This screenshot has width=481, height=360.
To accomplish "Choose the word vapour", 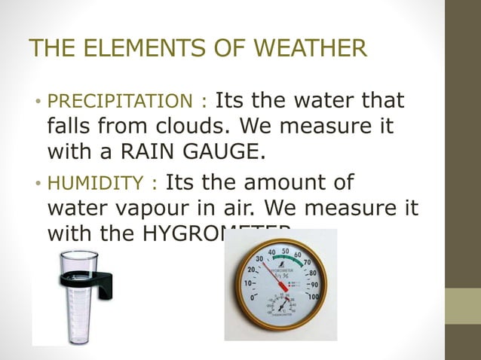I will [x=152, y=209].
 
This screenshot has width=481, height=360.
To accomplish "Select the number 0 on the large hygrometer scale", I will [x=252, y=297].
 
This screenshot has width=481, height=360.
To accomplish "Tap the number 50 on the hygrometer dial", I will [x=284, y=250].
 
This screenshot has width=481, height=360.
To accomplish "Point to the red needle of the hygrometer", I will [x=272, y=275].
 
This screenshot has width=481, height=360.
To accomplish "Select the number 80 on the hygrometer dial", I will [x=311, y=272].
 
